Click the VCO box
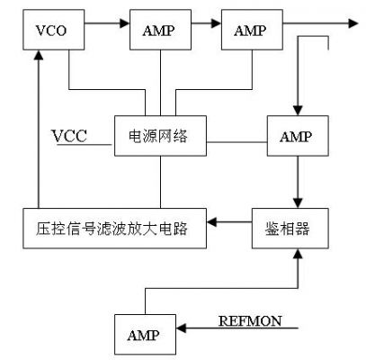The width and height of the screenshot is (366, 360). click(x=54, y=30)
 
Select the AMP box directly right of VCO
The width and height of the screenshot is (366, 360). click(x=160, y=30)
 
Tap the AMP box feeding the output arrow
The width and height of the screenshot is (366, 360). click(x=252, y=30)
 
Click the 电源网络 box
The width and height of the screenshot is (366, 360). click(x=160, y=136)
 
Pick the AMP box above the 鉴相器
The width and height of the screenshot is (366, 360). click(x=298, y=136)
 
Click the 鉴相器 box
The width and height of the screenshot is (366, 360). click(x=290, y=229)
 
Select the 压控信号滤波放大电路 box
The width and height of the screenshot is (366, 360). click(x=115, y=229)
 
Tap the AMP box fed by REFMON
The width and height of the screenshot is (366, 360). click(x=146, y=335)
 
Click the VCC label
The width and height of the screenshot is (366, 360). click(x=70, y=136)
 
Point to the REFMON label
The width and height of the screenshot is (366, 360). click(x=250, y=321)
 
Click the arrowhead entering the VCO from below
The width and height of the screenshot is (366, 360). click(x=39, y=55)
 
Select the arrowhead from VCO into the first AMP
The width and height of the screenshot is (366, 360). click(x=125, y=23)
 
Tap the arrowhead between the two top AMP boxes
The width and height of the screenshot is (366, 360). click(x=217, y=23)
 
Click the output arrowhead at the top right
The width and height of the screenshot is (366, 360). click(x=353, y=23)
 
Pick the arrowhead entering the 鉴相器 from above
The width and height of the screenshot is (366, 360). click(x=298, y=203)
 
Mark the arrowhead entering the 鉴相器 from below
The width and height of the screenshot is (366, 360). click(x=298, y=254)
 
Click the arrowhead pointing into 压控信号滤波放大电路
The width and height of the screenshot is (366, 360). click(x=211, y=222)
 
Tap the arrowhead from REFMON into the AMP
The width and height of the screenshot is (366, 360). click(x=181, y=328)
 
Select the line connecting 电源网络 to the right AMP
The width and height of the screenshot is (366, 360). click(x=237, y=142)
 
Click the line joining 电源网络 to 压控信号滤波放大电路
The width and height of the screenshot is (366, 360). click(x=160, y=182)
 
